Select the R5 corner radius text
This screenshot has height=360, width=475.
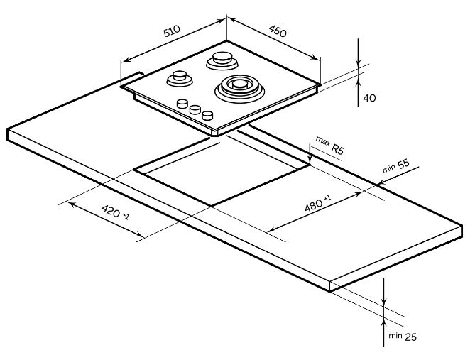click(339, 151)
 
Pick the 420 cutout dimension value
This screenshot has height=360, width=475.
click(111, 211)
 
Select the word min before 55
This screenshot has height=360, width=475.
click(388, 169)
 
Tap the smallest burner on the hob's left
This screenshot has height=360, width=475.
click(179, 77)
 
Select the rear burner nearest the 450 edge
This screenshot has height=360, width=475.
click(222, 60)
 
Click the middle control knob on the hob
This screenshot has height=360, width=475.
click(194, 110)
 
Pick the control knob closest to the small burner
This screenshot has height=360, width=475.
click(181, 104)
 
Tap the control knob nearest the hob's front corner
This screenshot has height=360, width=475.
click(207, 115)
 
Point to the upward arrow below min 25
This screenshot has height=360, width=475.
click(383, 316)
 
